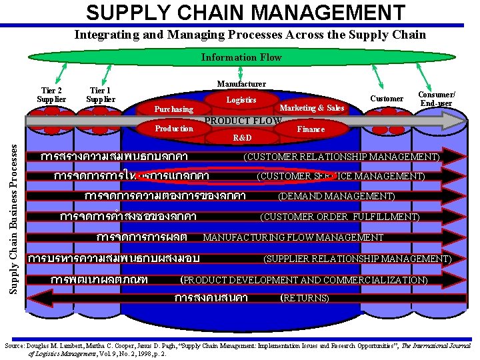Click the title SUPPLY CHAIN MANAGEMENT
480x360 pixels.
(245, 12)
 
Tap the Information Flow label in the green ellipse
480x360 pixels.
(241, 57)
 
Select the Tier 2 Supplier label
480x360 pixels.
(51, 95)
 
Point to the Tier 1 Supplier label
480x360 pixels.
(100, 95)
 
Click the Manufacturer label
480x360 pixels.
(241, 84)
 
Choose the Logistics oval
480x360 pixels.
(241, 99)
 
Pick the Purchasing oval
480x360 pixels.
(173, 109)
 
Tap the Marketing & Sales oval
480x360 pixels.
(312, 108)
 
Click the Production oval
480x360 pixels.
(174, 128)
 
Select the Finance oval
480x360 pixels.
(311, 129)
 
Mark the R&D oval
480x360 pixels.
(242, 138)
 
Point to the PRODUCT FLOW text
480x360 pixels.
(243, 121)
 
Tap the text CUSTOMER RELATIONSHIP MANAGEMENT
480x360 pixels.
(341, 157)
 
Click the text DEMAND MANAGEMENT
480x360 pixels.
(336, 196)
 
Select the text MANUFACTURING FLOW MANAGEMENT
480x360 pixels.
(293, 237)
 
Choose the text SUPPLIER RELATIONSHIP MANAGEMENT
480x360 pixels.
(357, 259)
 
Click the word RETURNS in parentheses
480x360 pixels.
(305, 298)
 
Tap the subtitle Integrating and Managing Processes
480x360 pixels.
(249, 34)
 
